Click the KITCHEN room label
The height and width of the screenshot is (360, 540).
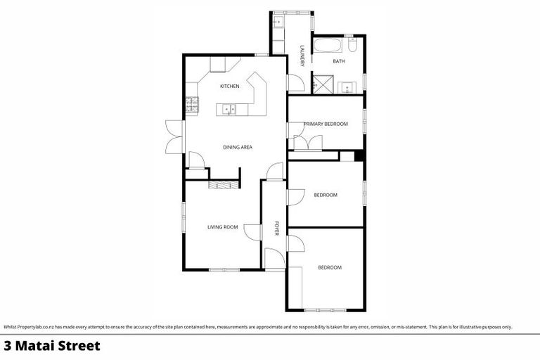[230, 86]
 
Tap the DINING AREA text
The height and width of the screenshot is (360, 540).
[237, 147]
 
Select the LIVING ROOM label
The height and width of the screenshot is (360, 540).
[222, 227]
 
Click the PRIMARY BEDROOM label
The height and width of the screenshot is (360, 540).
[326, 124]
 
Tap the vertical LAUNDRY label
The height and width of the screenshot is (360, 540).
[302, 56]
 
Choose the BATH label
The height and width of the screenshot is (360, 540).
[339, 62]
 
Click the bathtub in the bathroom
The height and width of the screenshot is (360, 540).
[330, 48]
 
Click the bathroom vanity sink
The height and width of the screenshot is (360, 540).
[347, 87]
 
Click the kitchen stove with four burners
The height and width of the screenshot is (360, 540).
[191, 105]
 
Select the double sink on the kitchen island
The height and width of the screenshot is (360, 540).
[229, 108]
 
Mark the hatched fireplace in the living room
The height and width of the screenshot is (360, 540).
[224, 184]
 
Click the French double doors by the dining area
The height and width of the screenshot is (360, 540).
[170, 136]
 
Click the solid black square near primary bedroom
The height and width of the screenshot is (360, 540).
[359, 156]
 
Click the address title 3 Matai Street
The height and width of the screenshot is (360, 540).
[52, 346]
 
